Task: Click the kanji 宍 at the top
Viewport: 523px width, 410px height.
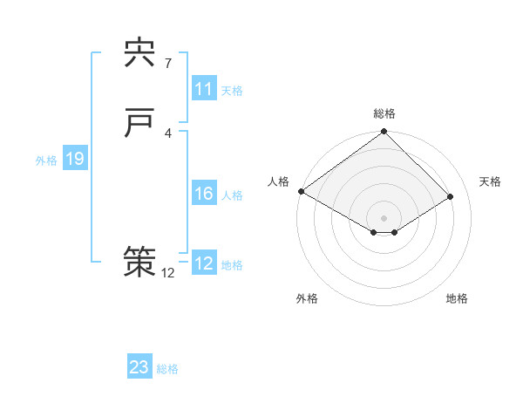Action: click(x=139, y=53)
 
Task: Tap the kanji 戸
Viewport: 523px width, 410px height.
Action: click(x=139, y=124)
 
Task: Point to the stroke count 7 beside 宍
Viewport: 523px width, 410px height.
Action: click(x=167, y=63)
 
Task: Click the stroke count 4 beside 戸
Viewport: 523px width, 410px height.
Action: click(x=167, y=133)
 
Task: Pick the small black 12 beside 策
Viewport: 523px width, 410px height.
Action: click(x=167, y=272)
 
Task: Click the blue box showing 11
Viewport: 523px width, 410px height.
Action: click(x=203, y=89)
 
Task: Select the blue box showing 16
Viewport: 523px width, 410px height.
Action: click(x=203, y=194)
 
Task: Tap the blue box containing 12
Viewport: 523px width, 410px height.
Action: click(x=203, y=263)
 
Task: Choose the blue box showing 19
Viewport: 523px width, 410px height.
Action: click(x=74, y=159)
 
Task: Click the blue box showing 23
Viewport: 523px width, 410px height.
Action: click(x=139, y=367)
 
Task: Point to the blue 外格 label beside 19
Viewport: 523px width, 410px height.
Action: click(x=46, y=161)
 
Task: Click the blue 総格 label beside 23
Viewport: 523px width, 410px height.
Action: click(x=168, y=369)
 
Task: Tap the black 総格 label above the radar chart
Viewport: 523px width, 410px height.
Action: click(x=384, y=113)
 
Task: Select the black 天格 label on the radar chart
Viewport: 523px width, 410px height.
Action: click(x=491, y=181)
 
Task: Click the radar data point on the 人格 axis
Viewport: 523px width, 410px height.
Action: click(x=301, y=191)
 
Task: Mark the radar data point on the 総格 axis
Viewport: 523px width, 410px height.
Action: click(x=384, y=133)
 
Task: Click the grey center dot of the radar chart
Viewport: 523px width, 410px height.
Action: click(x=384, y=217)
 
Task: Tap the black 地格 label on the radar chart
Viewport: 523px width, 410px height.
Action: click(x=457, y=298)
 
